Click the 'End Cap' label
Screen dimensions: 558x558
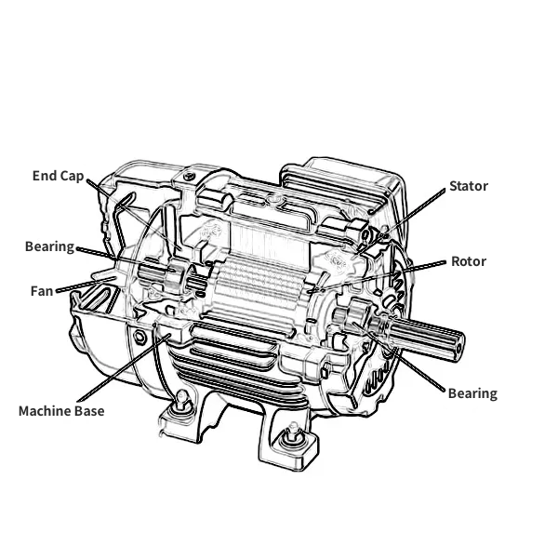pyautogui.click(x=58, y=175)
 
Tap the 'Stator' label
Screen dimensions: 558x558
pyautogui.click(x=469, y=186)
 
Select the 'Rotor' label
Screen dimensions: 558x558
pyautogui.click(x=469, y=261)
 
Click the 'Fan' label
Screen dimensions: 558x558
pyautogui.click(x=41, y=291)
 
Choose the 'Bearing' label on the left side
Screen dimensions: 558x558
pyautogui.click(x=49, y=246)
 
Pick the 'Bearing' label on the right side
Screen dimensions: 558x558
pyautogui.click(x=472, y=393)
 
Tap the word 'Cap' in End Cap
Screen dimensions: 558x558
pyautogui.click(x=72, y=175)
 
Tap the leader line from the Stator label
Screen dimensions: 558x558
pyautogui.click(x=409, y=216)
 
